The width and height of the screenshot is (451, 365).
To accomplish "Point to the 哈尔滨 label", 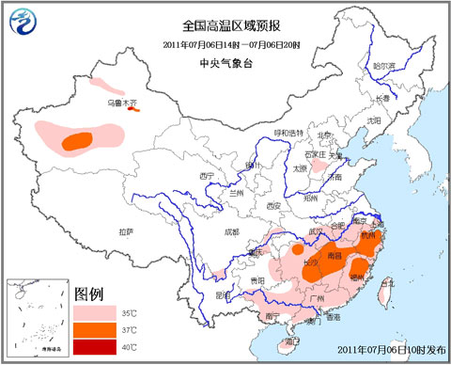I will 383,66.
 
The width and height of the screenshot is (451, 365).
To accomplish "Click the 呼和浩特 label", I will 288,134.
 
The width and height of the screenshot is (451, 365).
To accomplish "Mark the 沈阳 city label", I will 375,120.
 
